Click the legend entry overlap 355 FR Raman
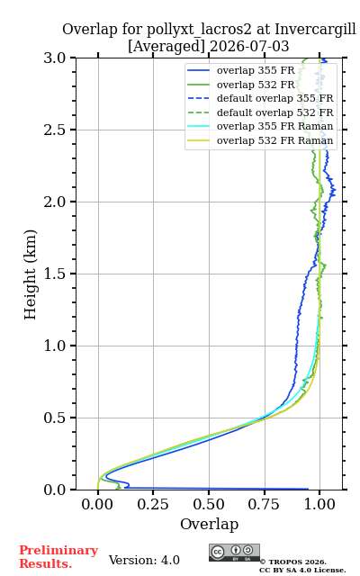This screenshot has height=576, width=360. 260,126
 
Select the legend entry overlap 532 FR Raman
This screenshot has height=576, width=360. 260,140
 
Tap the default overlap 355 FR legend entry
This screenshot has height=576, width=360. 260,98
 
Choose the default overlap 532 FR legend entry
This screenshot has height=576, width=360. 260,112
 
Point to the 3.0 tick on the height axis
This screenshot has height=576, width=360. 55,58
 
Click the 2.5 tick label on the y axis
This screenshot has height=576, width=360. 55,130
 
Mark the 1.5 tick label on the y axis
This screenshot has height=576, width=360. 55,274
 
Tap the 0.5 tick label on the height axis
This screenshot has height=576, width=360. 55,418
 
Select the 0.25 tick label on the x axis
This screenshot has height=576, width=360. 153,504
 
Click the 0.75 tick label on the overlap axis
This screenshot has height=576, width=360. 264,504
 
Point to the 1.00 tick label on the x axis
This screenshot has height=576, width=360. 319,504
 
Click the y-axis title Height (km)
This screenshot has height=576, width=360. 31,274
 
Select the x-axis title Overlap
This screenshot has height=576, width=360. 210,524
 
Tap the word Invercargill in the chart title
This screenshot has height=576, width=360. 316,29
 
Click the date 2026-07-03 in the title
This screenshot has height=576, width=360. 249,46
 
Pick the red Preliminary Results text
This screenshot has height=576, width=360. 58,557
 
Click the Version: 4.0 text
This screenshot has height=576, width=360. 144,560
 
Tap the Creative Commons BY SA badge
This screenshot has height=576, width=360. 234,553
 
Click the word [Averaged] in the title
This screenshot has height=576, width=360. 166,47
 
